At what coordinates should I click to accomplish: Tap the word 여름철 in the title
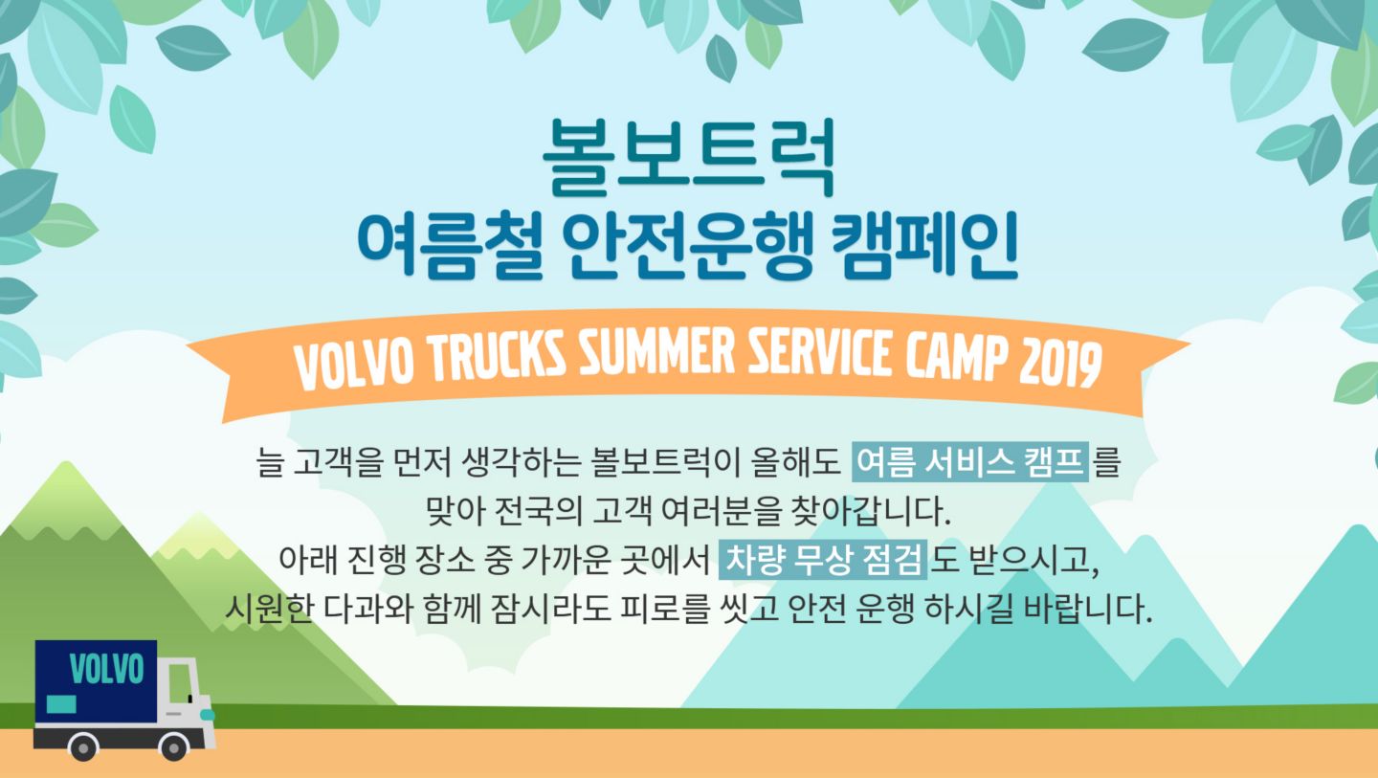(x=450, y=245)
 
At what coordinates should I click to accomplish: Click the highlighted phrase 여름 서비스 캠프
(x=970, y=462)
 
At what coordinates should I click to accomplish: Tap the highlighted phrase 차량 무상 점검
(x=823, y=559)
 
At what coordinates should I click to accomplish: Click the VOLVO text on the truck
(x=106, y=669)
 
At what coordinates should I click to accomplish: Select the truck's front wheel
(x=173, y=746)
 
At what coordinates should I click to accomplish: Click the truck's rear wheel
(x=83, y=746)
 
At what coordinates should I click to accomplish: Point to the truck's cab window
(x=180, y=682)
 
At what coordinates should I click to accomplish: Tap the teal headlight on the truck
(x=208, y=715)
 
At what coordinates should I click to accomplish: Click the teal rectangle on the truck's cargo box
(x=61, y=704)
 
